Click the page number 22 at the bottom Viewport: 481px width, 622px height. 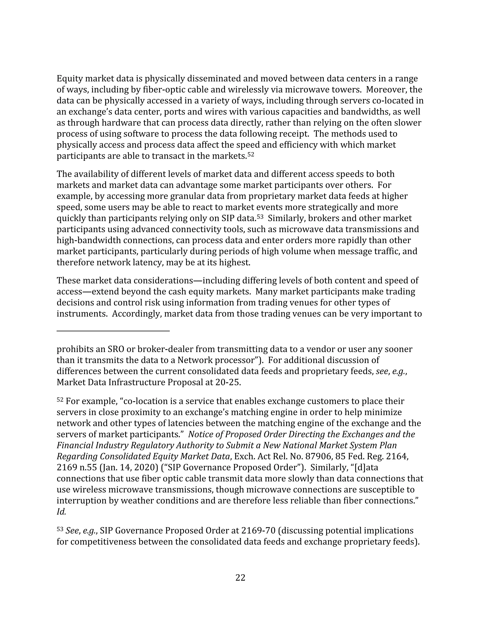coord(240,577)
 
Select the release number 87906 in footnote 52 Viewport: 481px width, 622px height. coord(318,457)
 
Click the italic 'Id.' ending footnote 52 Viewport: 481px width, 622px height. coord(61,512)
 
